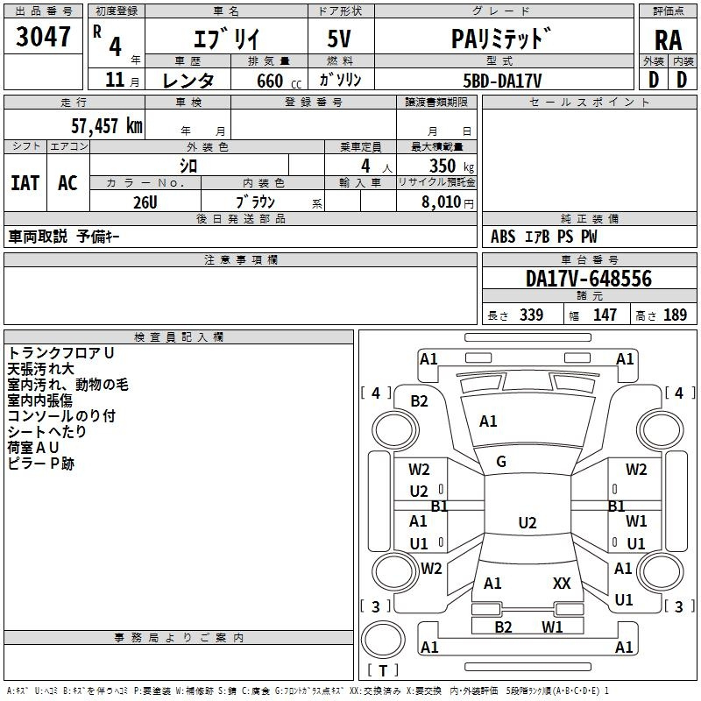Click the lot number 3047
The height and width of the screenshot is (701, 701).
(43, 37)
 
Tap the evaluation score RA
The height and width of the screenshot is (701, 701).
(668, 40)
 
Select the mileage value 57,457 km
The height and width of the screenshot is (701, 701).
(107, 125)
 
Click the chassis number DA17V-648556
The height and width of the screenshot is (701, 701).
(589, 279)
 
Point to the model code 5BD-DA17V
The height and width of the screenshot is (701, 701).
(502, 81)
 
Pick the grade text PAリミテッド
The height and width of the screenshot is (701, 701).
(500, 39)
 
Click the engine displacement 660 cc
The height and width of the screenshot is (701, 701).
(279, 81)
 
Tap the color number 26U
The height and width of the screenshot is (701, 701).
(145, 202)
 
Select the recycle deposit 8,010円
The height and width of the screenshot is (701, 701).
(447, 202)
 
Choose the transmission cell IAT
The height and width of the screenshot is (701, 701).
(25, 183)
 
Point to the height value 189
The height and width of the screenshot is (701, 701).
(675, 315)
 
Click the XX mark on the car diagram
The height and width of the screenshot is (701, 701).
(562, 583)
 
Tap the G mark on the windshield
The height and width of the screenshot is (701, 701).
(501, 462)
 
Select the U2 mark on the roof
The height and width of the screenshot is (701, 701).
(528, 522)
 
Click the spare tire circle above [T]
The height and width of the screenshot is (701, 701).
(383, 639)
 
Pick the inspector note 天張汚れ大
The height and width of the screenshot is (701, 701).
(40, 369)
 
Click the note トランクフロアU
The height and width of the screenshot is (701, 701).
(60, 353)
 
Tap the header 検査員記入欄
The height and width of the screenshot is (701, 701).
(179, 337)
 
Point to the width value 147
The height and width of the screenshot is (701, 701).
(605, 315)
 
